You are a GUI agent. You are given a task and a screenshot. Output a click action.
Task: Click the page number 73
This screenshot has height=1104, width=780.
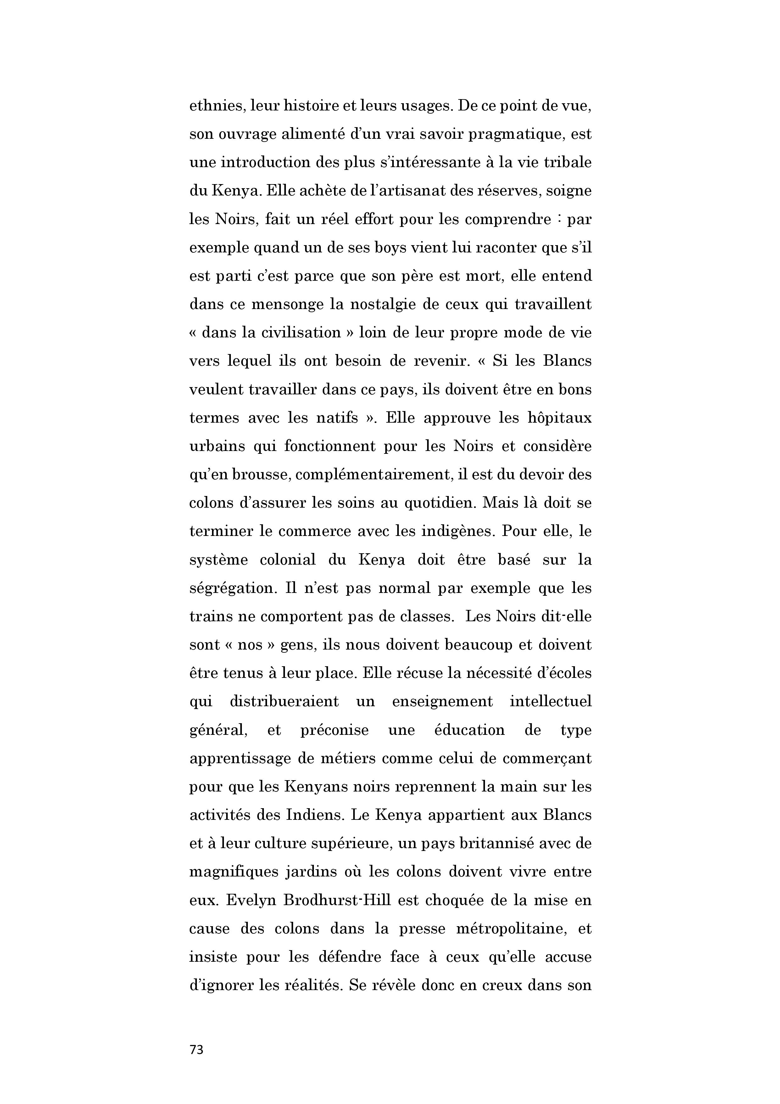(197, 1050)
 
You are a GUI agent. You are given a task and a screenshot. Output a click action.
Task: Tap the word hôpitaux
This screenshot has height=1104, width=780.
(560, 418)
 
